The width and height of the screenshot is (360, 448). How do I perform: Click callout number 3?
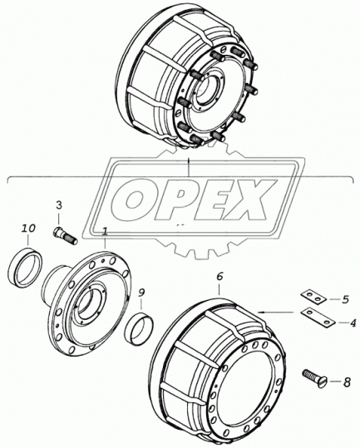click(x=58, y=205)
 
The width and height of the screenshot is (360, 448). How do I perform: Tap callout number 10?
click(x=29, y=229)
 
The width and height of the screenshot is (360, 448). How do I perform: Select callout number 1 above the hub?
click(x=105, y=232)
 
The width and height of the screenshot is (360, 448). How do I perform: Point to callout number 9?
click(x=141, y=293)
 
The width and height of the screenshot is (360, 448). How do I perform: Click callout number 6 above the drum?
click(x=219, y=277)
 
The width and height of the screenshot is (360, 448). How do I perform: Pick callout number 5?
click(x=345, y=300)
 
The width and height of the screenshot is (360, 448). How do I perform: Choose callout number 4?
click(x=353, y=323)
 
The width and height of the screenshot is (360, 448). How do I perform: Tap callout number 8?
click(x=347, y=383)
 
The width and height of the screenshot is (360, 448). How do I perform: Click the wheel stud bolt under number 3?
click(x=65, y=235)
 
